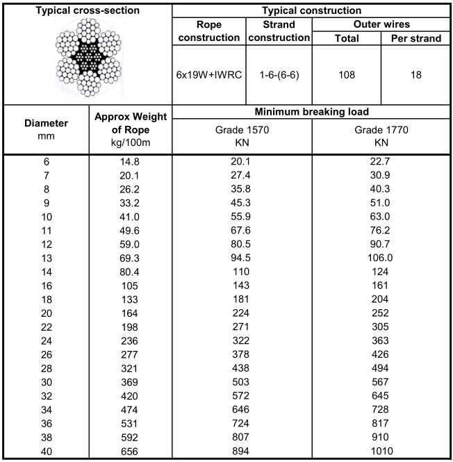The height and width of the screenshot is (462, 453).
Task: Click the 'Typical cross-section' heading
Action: click(x=87, y=10)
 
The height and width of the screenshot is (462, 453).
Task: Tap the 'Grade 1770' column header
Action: click(x=381, y=136)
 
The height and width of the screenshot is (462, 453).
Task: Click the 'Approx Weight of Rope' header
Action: click(x=130, y=129)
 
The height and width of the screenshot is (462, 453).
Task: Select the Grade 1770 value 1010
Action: click(x=381, y=452)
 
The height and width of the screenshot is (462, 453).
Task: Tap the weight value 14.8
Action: click(x=130, y=161)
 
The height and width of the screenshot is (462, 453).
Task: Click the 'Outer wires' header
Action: click(x=381, y=24)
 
